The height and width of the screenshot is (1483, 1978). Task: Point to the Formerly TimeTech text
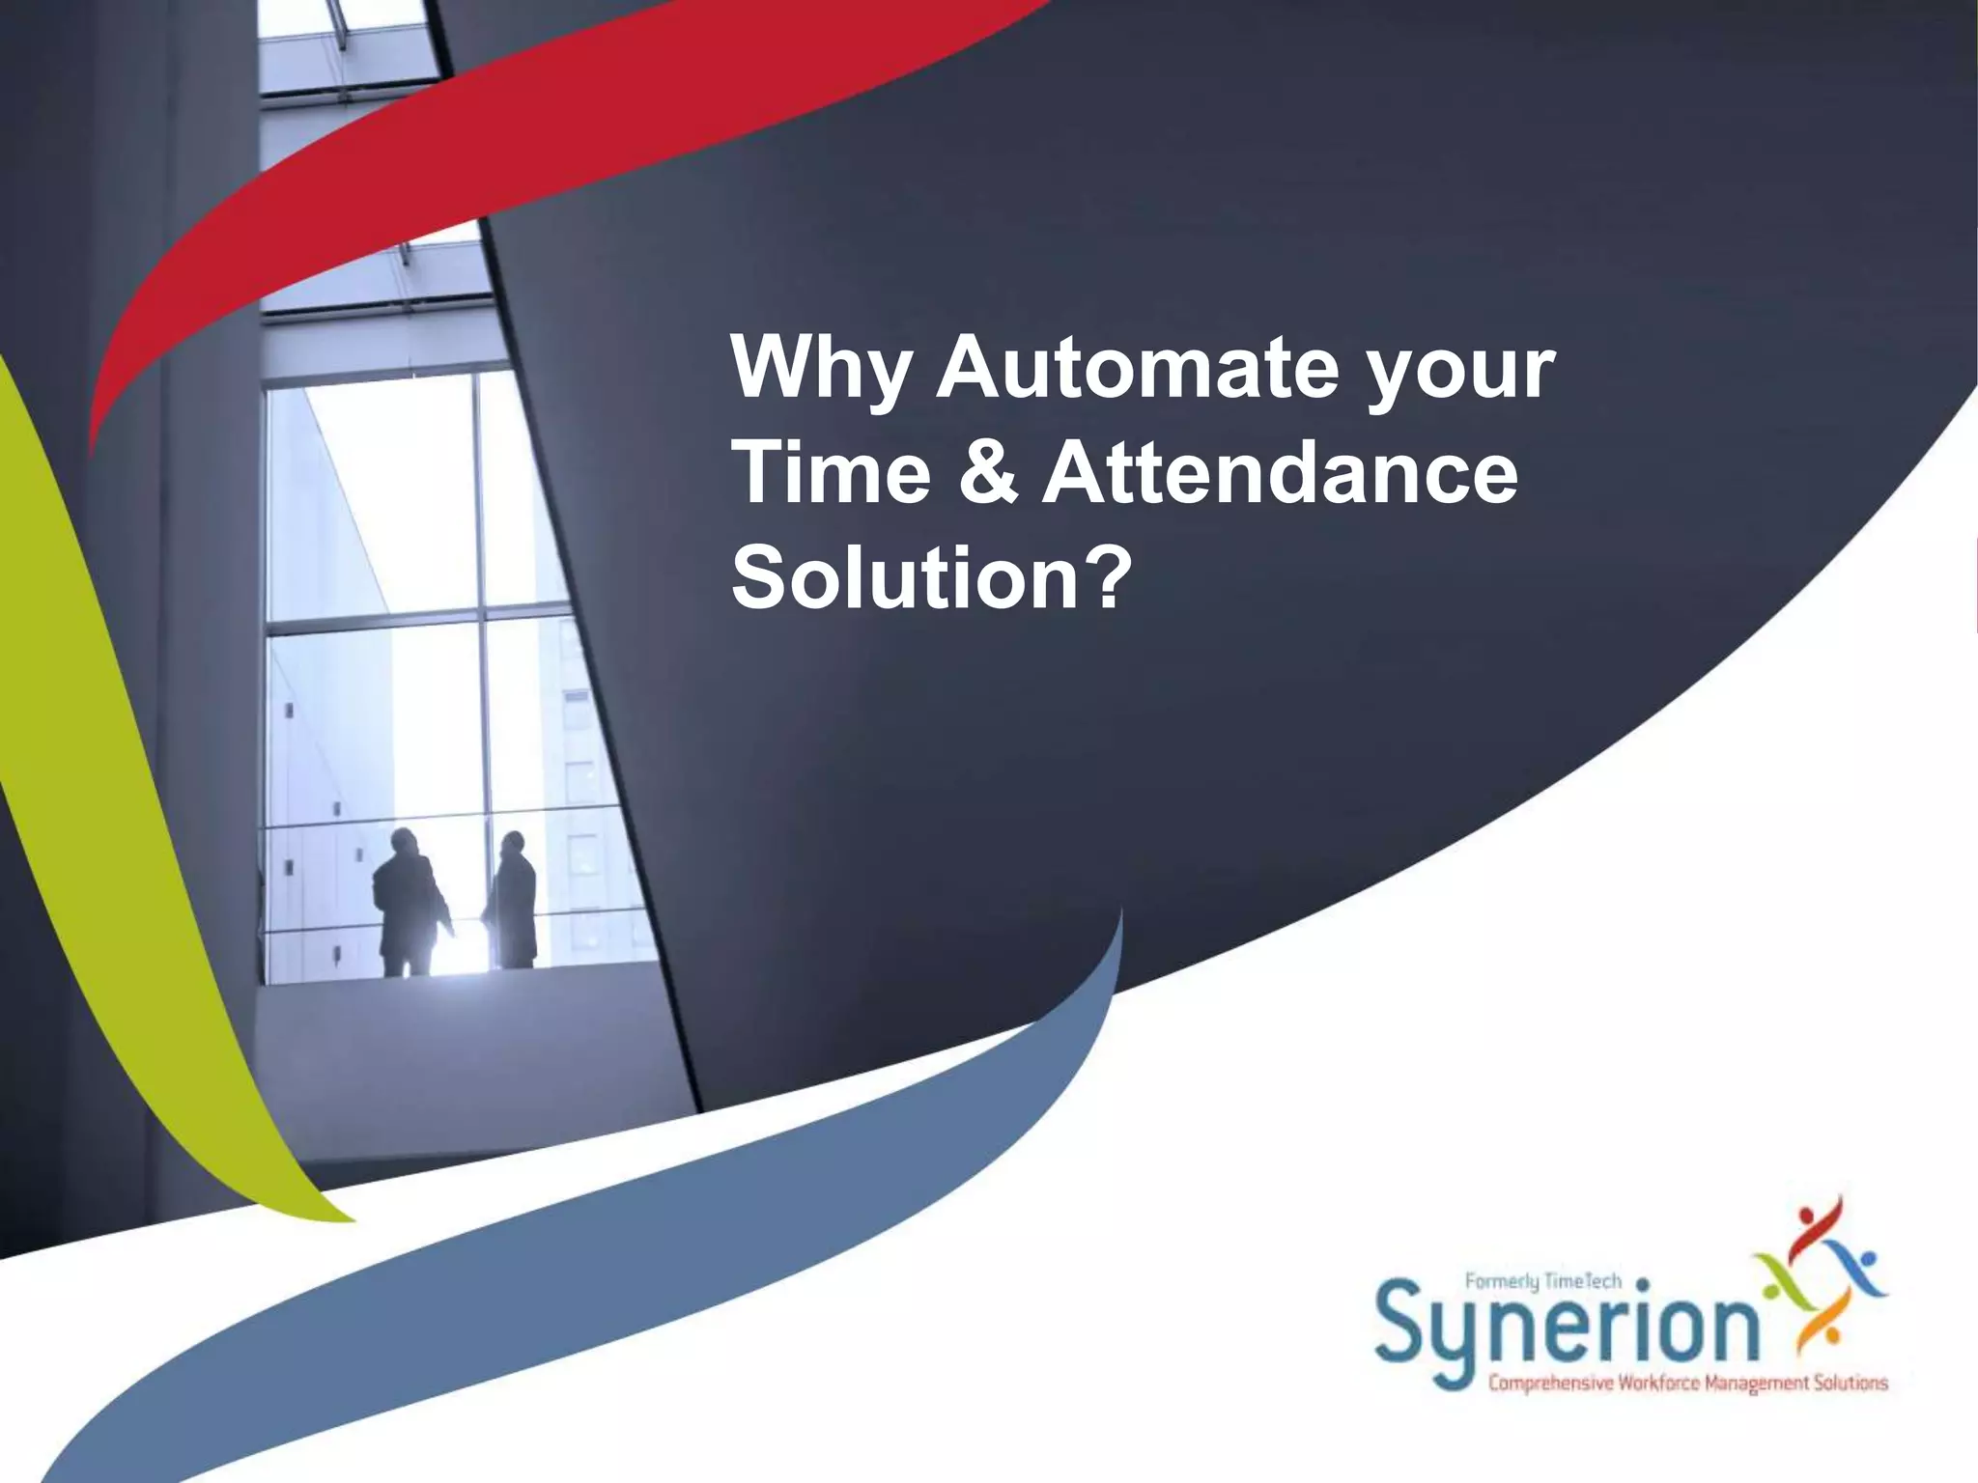click(x=1542, y=1282)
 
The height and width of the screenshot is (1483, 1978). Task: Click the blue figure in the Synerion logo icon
click(x=1859, y=1270)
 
